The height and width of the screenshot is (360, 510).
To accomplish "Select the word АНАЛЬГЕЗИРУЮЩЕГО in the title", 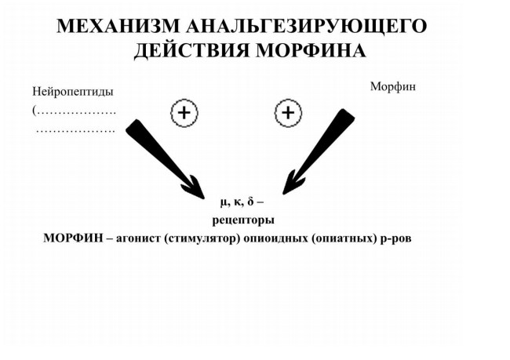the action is (x=306, y=27).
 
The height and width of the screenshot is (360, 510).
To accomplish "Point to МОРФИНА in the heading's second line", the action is (x=311, y=51).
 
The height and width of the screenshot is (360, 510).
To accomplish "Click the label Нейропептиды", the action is (x=73, y=92).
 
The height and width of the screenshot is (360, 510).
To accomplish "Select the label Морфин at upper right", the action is (x=393, y=86).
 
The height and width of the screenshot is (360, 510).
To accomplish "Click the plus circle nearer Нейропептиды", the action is (x=184, y=113).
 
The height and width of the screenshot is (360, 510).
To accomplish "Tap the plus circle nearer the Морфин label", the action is (x=288, y=113).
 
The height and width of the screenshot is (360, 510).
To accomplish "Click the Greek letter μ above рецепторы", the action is (x=223, y=202).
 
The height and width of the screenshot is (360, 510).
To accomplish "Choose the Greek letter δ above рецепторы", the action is (x=250, y=202).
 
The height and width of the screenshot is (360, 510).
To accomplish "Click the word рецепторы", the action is (x=243, y=220).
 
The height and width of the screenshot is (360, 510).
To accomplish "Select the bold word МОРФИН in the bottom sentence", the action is (x=73, y=238).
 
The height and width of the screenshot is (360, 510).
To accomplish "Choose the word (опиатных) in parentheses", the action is (x=344, y=238).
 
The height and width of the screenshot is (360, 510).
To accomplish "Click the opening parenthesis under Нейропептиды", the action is (x=34, y=111).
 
